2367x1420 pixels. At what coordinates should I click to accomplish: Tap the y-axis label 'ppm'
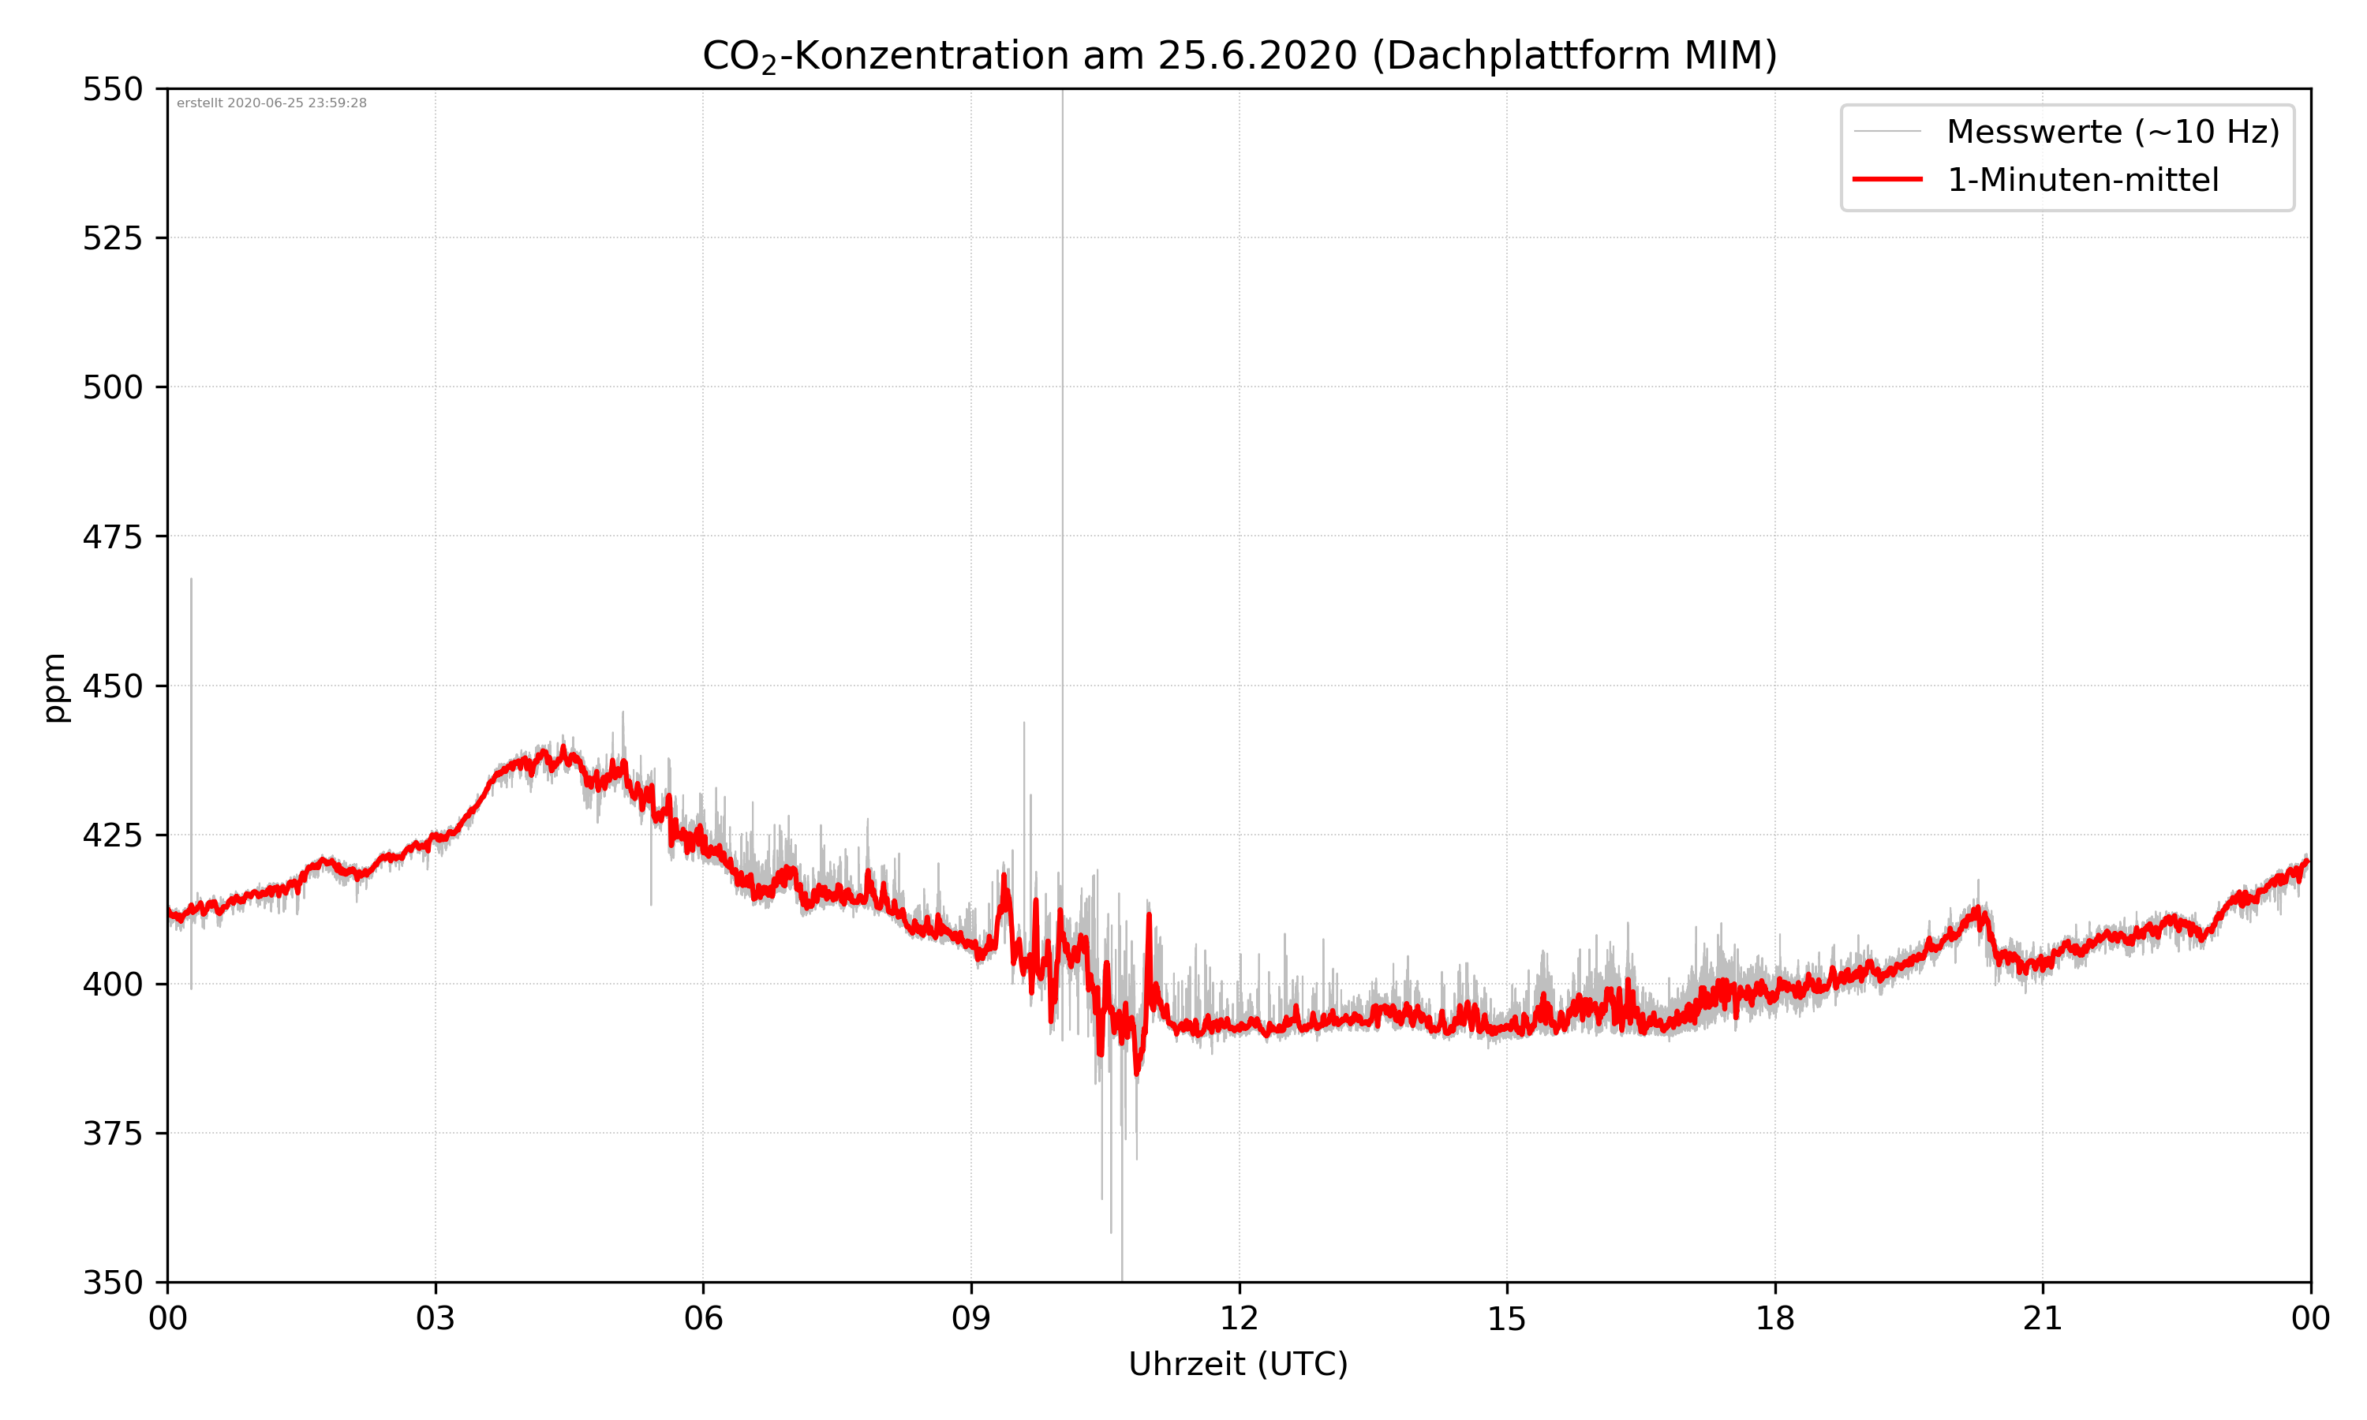coord(54,687)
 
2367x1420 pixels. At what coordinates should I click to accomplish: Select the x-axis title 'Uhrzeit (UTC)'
coord(1238,1363)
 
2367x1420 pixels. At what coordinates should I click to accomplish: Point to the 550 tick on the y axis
coord(112,90)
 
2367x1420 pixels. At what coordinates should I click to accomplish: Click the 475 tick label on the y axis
coord(112,536)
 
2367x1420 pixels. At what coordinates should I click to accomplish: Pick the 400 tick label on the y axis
coord(112,985)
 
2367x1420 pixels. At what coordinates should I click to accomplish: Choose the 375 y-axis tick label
coord(112,1134)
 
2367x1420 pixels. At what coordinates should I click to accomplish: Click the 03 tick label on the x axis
coord(436,1318)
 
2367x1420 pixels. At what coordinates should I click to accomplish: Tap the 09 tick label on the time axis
coord(971,1318)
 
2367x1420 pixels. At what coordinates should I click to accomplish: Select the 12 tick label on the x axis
coord(1239,1318)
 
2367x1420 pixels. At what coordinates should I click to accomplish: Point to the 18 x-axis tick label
coord(1774,1318)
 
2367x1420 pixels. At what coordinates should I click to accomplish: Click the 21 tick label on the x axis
coord(2043,1318)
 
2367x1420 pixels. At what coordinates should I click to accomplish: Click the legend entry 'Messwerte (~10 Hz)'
coord(2112,132)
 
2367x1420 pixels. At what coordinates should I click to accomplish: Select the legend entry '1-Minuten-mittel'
coord(2082,180)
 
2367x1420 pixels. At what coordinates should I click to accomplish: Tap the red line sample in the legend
coord(1886,179)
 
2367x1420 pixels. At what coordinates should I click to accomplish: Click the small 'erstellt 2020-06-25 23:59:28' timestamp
coord(271,103)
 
